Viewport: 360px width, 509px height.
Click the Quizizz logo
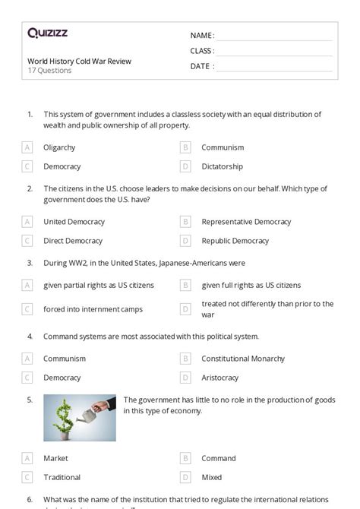(47, 33)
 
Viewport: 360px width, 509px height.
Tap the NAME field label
(202, 36)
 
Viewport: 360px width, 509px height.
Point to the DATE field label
(201, 66)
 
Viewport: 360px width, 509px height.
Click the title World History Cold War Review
(79, 61)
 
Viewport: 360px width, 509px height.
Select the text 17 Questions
(49, 71)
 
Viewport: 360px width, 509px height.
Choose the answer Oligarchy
(59, 147)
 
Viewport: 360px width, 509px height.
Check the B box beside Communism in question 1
(185, 147)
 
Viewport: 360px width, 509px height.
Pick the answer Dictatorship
(222, 166)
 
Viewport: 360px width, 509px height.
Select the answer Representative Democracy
(246, 222)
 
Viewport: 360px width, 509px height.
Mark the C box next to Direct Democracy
(27, 241)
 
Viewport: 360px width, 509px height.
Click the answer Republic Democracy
(235, 241)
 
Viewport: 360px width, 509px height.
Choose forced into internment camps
(93, 309)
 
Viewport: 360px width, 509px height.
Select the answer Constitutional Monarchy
(243, 359)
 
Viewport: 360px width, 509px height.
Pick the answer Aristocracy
(219, 378)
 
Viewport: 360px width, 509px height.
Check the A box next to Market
(27, 458)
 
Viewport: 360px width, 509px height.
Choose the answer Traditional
(62, 477)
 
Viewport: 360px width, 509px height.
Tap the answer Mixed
(212, 477)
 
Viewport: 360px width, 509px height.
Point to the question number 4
(30, 336)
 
